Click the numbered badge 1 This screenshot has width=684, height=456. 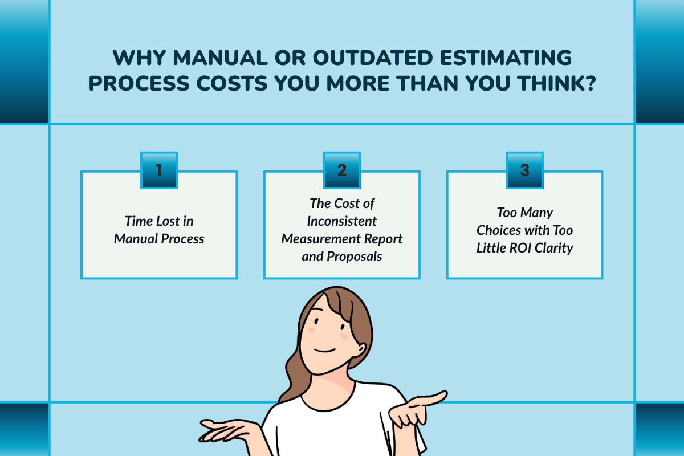[x=159, y=170]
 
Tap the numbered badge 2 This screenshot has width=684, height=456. [x=342, y=170]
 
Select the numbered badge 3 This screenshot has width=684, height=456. [x=525, y=170]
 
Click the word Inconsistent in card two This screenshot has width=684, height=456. [x=342, y=221]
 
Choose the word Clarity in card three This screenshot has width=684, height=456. [x=552, y=248]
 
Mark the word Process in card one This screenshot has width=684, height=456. [x=181, y=238]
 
